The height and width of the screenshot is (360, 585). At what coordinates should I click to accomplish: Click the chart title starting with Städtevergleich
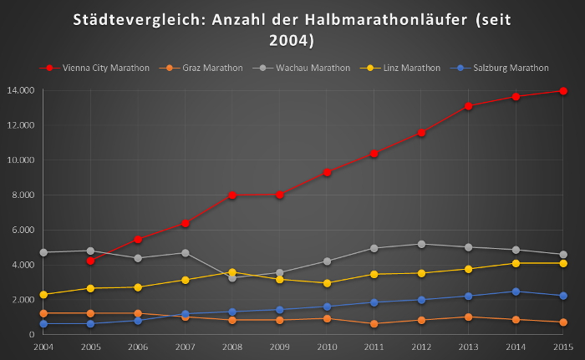tap(292, 29)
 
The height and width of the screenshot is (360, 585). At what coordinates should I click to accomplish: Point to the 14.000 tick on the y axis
tap(20, 90)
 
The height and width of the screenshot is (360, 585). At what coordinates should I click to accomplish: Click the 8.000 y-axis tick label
tap(22, 195)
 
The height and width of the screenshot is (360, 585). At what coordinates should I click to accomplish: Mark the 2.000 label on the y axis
tap(22, 300)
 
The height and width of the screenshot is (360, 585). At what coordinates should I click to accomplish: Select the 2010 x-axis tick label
tap(327, 345)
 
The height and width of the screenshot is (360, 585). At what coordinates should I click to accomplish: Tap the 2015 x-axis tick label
tap(563, 345)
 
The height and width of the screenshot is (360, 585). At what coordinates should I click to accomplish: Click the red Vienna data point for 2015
tap(563, 91)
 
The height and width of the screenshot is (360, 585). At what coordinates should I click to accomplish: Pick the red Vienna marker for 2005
tap(90, 261)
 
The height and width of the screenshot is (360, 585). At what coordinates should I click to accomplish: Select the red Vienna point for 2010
tap(327, 172)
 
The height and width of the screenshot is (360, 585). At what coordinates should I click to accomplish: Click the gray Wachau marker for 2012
tap(421, 244)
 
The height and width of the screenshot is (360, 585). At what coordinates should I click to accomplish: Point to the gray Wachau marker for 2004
tap(43, 252)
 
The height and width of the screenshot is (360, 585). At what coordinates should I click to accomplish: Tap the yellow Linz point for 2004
tap(43, 295)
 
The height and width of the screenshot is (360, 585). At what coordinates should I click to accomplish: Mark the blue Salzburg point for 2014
tap(516, 292)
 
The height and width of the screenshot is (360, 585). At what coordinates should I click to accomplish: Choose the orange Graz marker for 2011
tap(374, 323)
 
